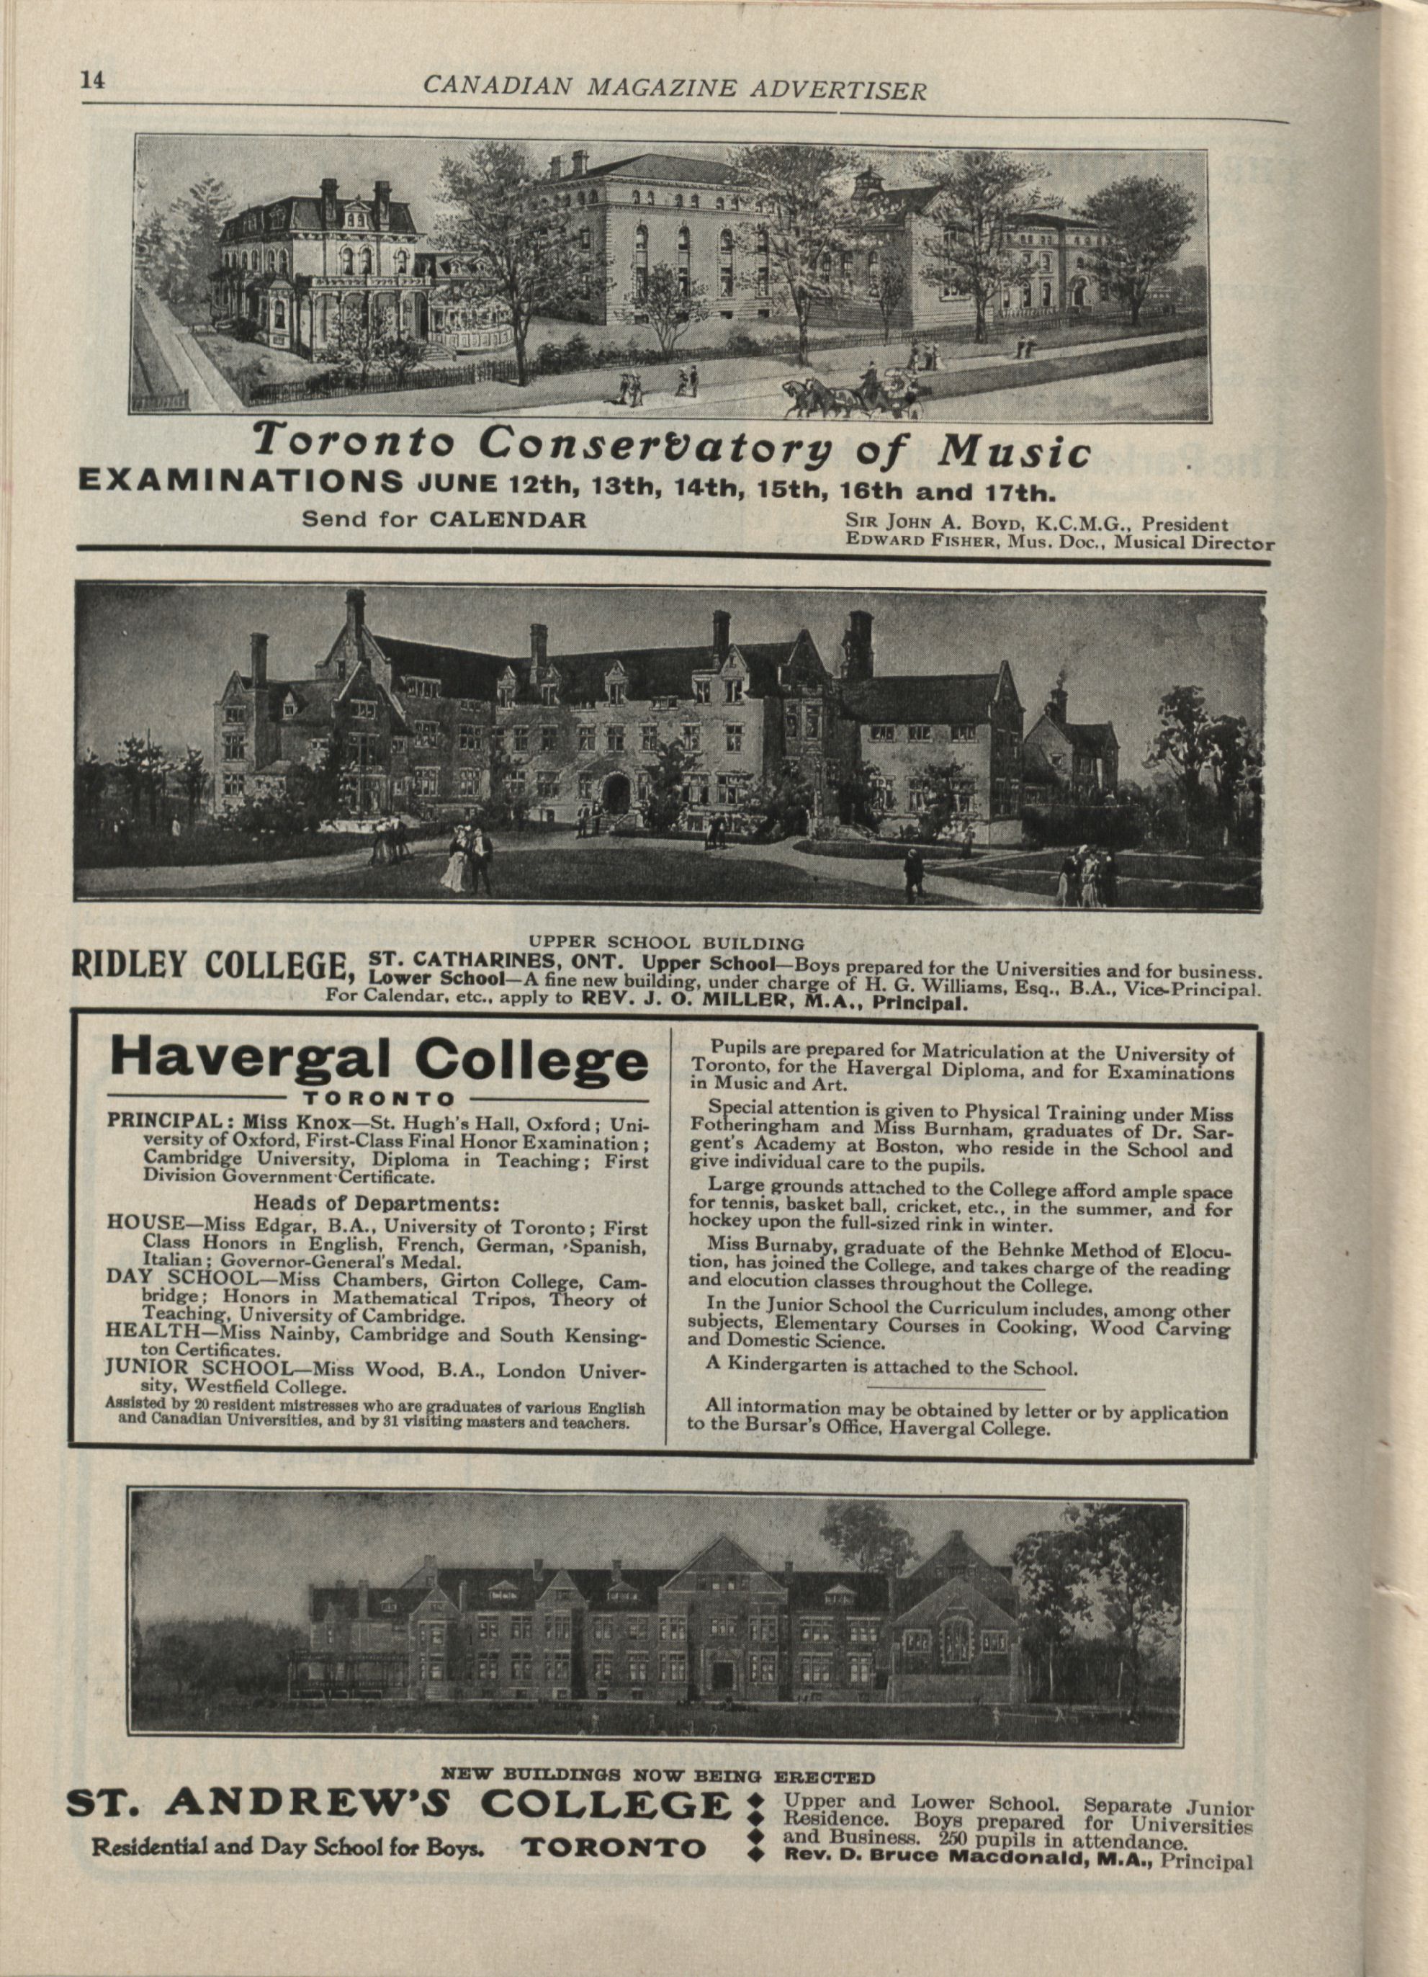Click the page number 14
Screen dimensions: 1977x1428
[x=92, y=80]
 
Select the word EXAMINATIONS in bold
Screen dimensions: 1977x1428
[x=241, y=482]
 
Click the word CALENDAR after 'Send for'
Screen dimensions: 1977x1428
[x=508, y=519]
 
